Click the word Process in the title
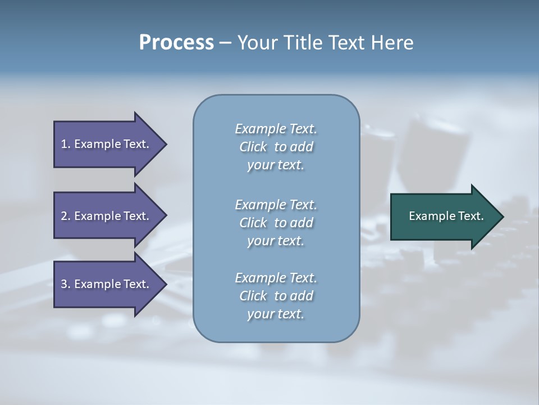coord(176,43)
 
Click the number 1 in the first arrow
coord(64,144)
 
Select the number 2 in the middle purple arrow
coord(64,216)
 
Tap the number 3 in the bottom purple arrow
coord(64,284)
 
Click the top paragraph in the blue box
coord(276,147)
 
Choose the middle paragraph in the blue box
coord(276,223)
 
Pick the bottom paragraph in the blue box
coord(276,296)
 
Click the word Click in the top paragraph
coord(253,147)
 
